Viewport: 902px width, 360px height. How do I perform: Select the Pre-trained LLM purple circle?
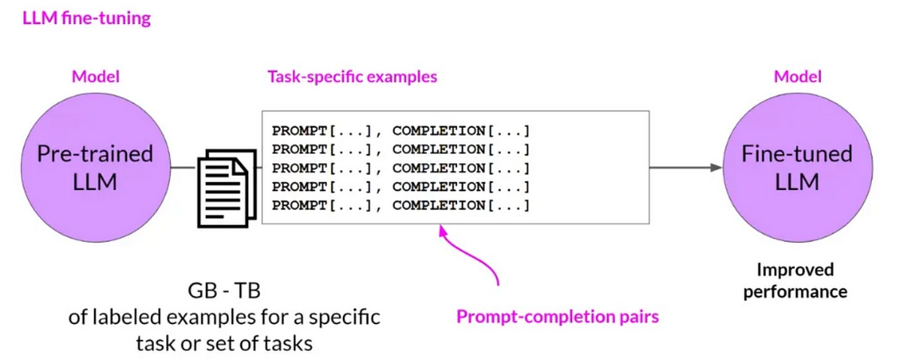pyautogui.click(x=95, y=167)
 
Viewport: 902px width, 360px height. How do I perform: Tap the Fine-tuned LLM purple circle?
pyautogui.click(x=797, y=167)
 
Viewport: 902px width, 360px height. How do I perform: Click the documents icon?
pyautogui.click(x=223, y=188)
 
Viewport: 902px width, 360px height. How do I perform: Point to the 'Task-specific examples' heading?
pyautogui.click(x=352, y=77)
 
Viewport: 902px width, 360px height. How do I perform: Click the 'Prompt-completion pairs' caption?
pyautogui.click(x=557, y=316)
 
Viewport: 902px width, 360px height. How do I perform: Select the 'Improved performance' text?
pyautogui.click(x=795, y=280)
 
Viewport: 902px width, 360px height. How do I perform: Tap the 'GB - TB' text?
pyautogui.click(x=224, y=289)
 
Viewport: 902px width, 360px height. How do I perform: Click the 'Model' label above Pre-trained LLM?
pyautogui.click(x=95, y=76)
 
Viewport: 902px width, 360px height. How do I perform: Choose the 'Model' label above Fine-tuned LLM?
pyautogui.click(x=798, y=76)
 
